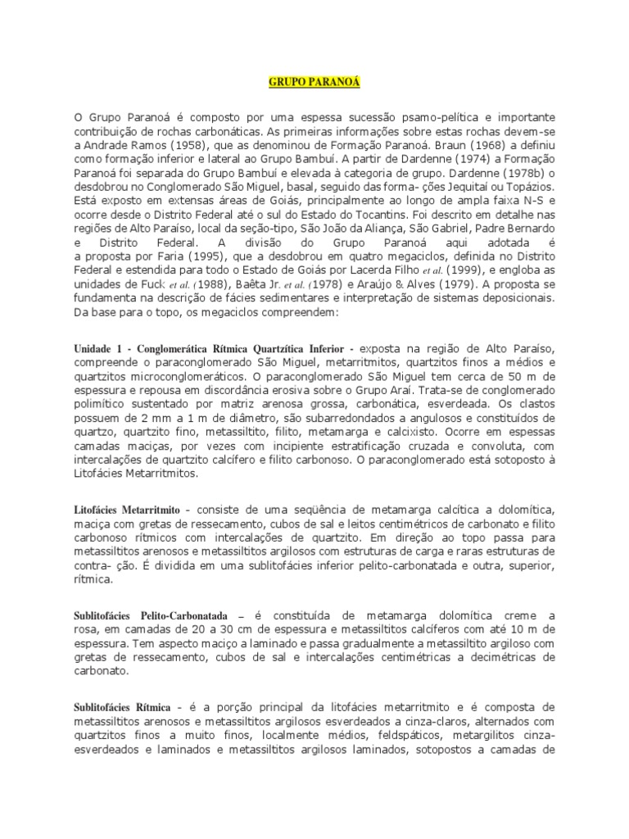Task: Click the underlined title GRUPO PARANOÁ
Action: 314,83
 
